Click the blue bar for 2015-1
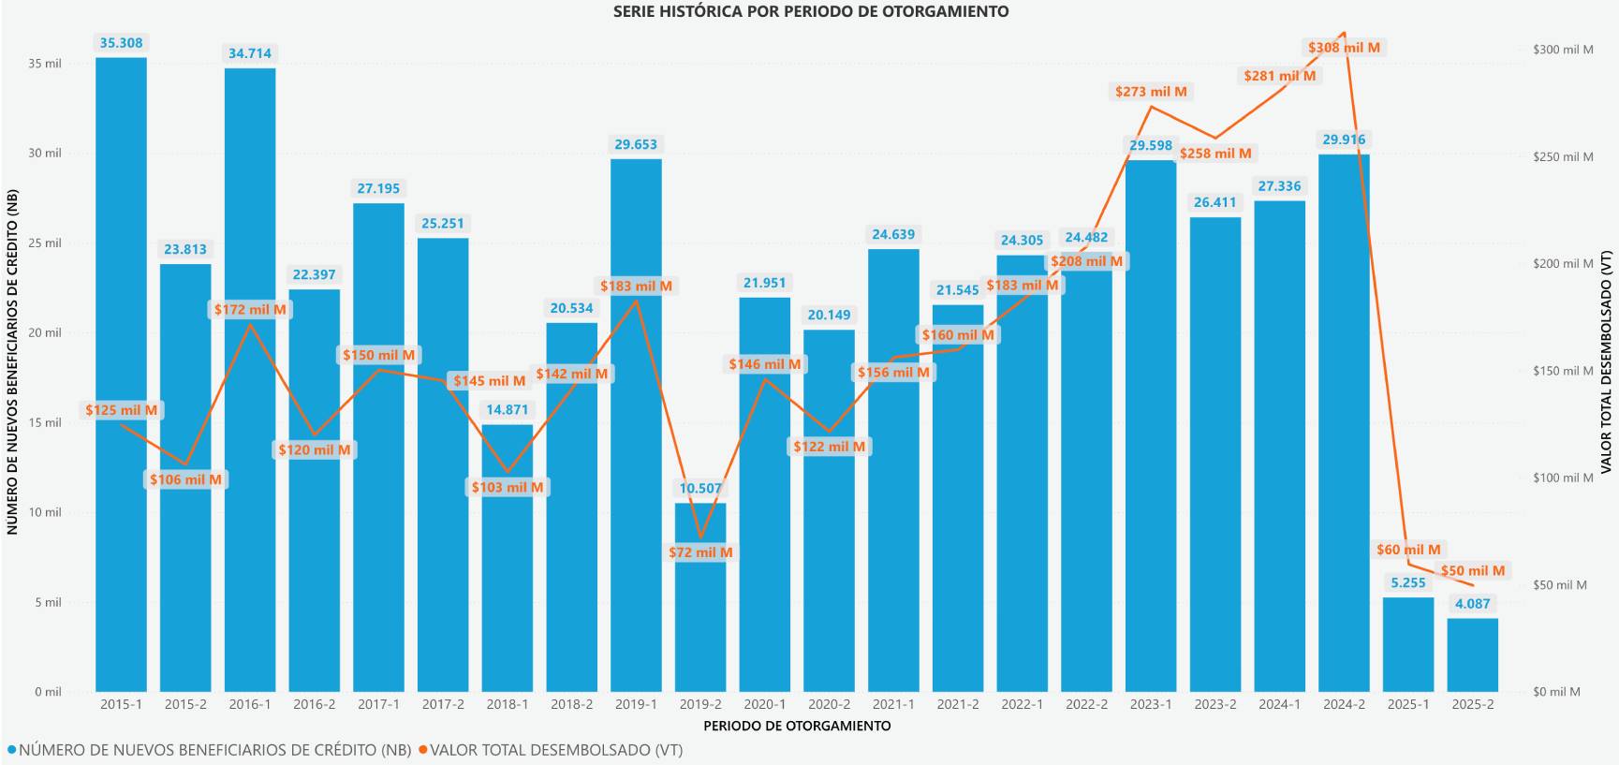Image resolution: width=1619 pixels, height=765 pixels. point(121,375)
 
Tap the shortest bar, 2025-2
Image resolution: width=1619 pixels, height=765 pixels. point(1472,655)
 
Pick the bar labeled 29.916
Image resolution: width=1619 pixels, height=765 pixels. point(1344,421)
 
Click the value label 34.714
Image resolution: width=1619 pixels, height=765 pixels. point(250,53)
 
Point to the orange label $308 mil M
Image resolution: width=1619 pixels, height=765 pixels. point(1344,48)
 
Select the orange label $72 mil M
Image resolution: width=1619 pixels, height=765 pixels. point(700,552)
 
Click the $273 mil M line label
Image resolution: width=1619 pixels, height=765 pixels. point(1151,92)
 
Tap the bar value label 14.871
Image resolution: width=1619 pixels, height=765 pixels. point(508,409)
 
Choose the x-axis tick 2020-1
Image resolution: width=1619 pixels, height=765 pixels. point(765,704)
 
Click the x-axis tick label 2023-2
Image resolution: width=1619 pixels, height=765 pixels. point(1215,704)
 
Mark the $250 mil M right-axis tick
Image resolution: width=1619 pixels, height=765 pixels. point(1563,156)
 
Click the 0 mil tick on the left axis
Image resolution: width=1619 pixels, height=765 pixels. point(48,692)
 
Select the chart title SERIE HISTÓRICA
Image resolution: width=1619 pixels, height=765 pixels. point(811,12)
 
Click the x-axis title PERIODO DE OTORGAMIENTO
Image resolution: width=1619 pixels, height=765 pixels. point(797,726)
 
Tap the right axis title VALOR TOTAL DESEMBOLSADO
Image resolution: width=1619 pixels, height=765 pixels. point(1606,361)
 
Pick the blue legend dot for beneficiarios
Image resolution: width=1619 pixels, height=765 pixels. point(11,750)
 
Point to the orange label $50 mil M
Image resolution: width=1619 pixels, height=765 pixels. point(1472,571)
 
